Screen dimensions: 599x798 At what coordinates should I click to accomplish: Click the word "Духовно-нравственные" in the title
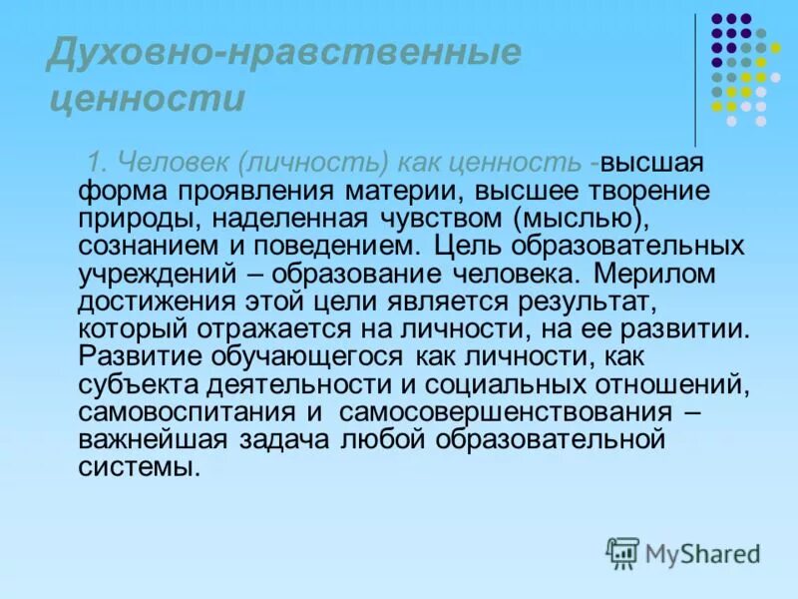283,53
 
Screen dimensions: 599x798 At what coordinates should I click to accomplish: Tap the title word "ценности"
146,99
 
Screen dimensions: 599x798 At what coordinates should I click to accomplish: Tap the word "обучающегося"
300,355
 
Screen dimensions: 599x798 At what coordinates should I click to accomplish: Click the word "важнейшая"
143,437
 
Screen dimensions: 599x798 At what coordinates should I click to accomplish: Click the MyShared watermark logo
684,552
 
